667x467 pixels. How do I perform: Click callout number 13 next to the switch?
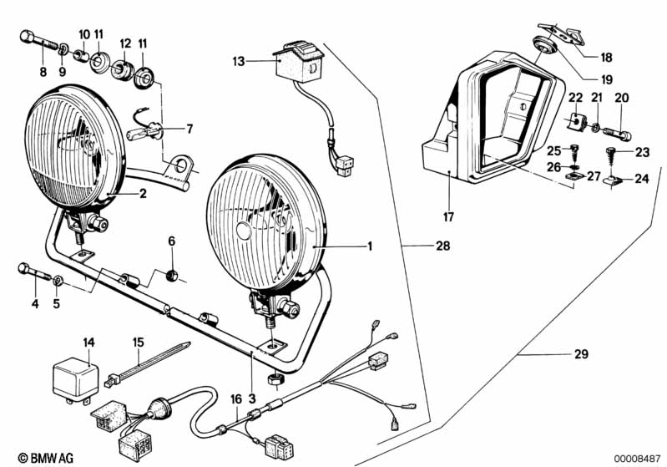point(240,60)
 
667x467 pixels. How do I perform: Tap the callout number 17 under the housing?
point(448,218)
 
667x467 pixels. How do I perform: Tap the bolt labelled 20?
point(620,131)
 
